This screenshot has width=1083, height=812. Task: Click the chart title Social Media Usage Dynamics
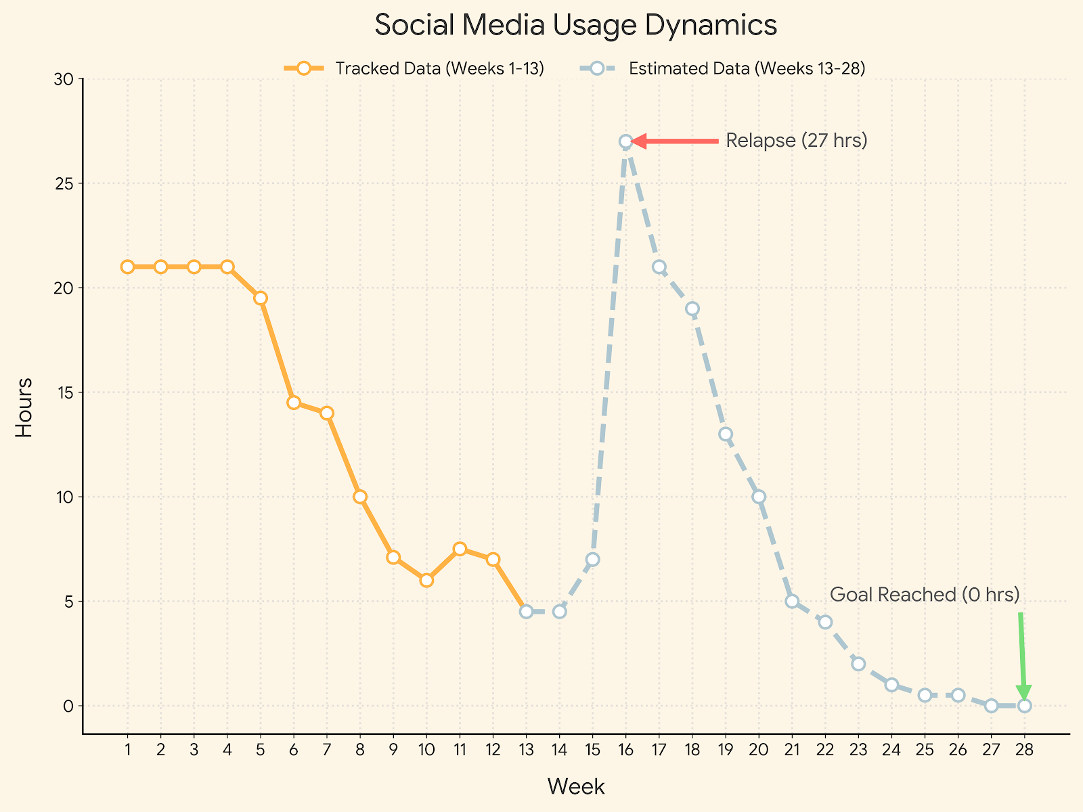point(575,26)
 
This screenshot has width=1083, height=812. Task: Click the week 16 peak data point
point(626,141)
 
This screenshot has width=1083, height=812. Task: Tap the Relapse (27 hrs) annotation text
point(796,141)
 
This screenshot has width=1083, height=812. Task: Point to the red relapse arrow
point(677,141)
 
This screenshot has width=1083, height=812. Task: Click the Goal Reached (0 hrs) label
point(924,595)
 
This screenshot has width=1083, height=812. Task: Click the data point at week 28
point(1024,706)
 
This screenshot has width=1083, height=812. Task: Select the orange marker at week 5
point(261,298)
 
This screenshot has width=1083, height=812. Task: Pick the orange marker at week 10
point(426,580)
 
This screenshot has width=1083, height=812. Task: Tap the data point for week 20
point(759,497)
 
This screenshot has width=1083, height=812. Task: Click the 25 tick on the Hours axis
point(65,183)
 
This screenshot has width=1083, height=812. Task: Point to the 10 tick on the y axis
point(65,497)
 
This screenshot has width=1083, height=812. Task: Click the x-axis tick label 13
point(526,749)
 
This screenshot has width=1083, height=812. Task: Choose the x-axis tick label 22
point(825,749)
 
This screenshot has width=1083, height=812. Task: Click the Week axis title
point(575,786)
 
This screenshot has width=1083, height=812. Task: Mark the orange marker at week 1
point(127,267)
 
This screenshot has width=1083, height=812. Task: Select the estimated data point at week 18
point(692,309)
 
